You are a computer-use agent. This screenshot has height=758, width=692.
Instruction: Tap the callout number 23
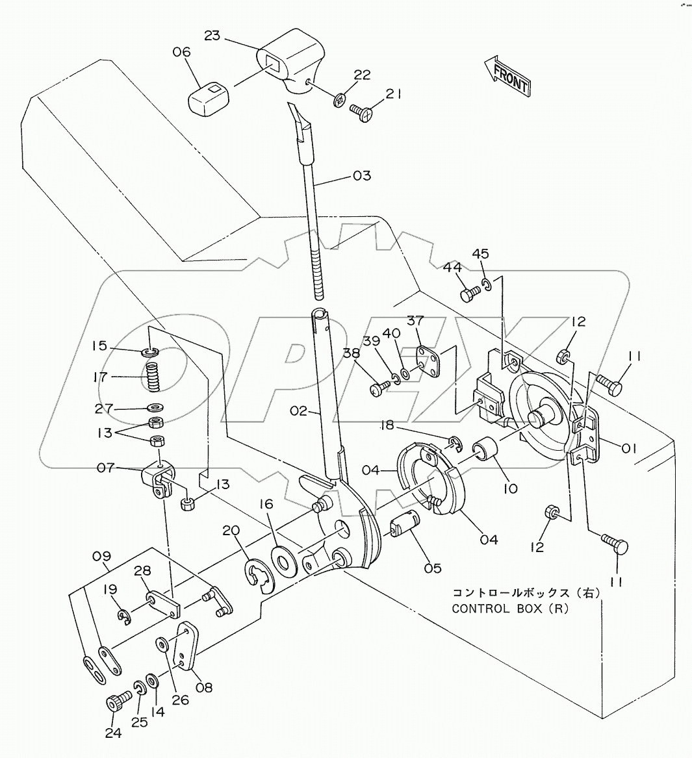[x=212, y=36]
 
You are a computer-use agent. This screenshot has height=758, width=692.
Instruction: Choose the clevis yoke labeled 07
[x=159, y=478]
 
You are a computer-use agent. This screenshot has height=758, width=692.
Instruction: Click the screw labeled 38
[x=378, y=390]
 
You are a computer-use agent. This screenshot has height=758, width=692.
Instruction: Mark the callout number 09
[x=101, y=557]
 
